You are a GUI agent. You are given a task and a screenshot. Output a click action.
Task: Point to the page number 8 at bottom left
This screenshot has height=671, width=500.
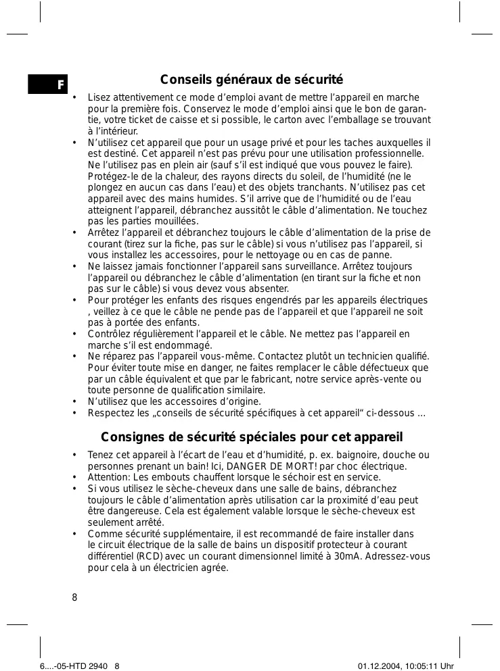point(74,598)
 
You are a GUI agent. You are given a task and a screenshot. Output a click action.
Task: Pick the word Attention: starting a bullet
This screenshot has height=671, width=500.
point(109,477)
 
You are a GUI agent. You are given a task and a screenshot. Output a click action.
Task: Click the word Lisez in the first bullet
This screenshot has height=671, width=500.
point(99,98)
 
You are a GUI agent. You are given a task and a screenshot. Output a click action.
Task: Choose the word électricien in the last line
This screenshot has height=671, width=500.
point(179,568)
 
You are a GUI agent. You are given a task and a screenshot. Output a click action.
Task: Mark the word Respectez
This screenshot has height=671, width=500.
point(110,413)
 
